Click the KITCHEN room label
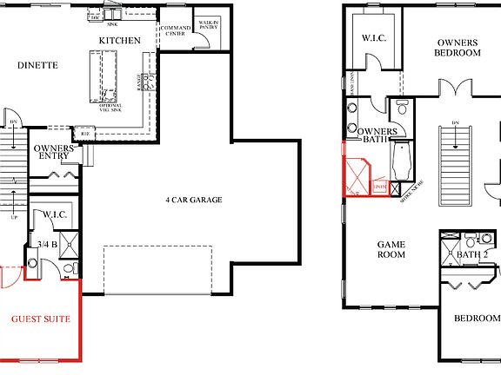[119, 41]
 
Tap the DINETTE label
[37, 64]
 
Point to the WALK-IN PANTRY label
[208, 26]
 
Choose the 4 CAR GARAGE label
[194, 200]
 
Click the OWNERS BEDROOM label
[458, 47]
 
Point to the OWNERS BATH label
[377, 135]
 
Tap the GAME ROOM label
[391, 250]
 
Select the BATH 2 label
[472, 255]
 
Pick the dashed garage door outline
[158, 268]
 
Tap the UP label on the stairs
[13, 217]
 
